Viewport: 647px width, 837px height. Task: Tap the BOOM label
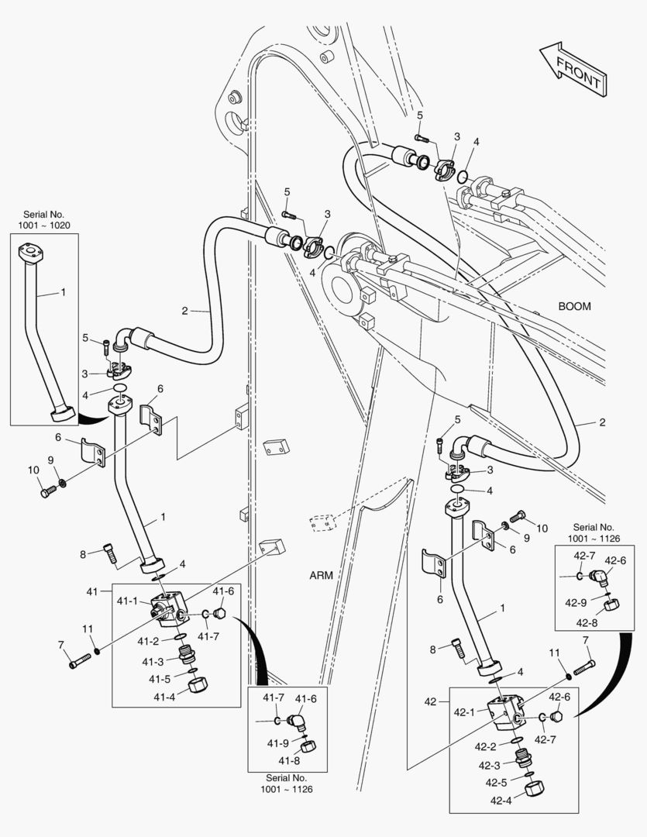574,306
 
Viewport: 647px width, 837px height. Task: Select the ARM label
322,575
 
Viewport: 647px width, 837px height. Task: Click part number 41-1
128,601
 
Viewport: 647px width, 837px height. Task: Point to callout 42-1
465,711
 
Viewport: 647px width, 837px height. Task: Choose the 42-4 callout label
497,801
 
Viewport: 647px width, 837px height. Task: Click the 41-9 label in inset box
278,742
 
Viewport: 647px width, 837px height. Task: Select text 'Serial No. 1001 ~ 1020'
43,219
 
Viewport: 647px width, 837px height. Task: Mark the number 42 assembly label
432,701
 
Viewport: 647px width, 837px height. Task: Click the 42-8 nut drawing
611,604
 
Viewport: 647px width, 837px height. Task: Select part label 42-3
489,765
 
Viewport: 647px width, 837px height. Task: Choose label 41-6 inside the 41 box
222,591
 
